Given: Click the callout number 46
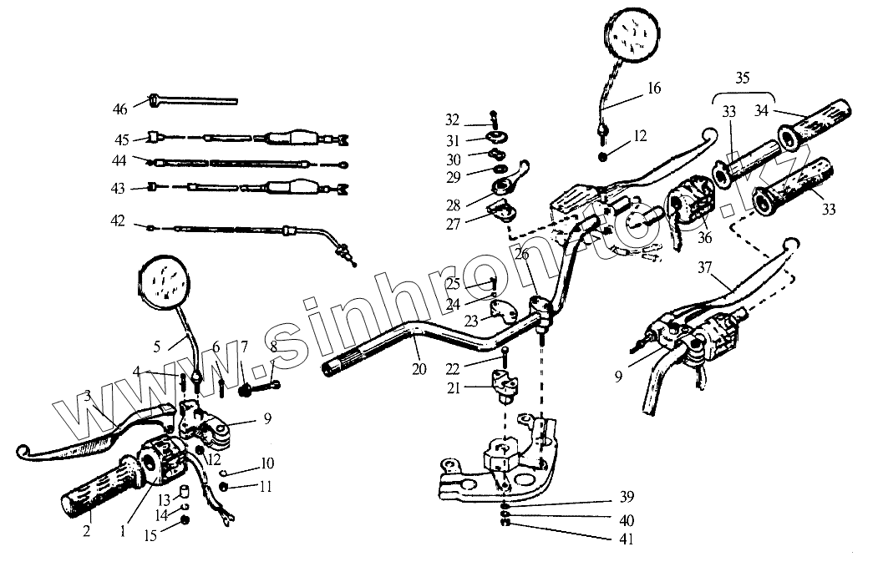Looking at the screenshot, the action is coord(120,109).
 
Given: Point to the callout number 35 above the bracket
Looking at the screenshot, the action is coord(742,80).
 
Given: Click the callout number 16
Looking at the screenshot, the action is coord(654,89).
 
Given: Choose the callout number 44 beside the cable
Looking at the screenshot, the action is coord(120,161).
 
